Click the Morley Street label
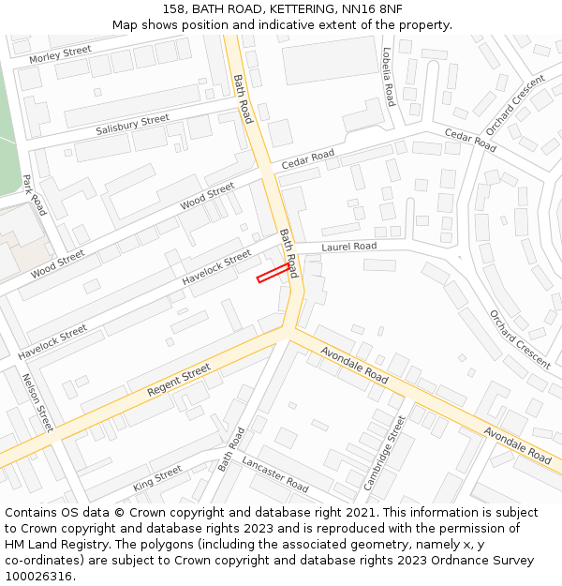(x=60, y=54)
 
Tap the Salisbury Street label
(x=132, y=125)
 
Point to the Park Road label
(x=34, y=195)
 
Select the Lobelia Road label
(x=388, y=76)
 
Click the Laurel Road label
(x=348, y=247)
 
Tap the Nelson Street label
(x=37, y=403)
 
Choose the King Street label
(x=157, y=477)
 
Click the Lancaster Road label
(x=274, y=474)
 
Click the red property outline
(x=273, y=273)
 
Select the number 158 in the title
(x=175, y=8)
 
